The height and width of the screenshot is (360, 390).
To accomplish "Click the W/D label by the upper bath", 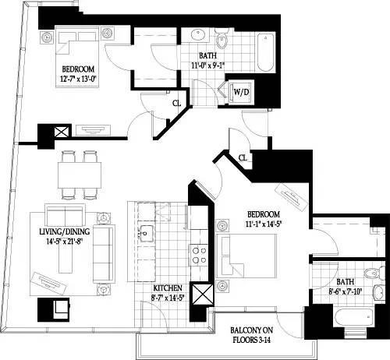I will click(x=240, y=92).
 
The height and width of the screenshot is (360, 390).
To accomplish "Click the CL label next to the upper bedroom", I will click(x=176, y=102).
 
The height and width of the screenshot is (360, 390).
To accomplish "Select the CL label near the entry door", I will click(x=244, y=158).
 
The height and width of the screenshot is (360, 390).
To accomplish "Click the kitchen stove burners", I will click(x=198, y=252).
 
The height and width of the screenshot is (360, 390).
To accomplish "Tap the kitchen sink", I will click(x=145, y=231).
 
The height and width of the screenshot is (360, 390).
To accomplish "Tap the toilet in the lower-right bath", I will click(x=377, y=274).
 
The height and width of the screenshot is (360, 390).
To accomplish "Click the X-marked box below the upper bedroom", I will click(x=60, y=133).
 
